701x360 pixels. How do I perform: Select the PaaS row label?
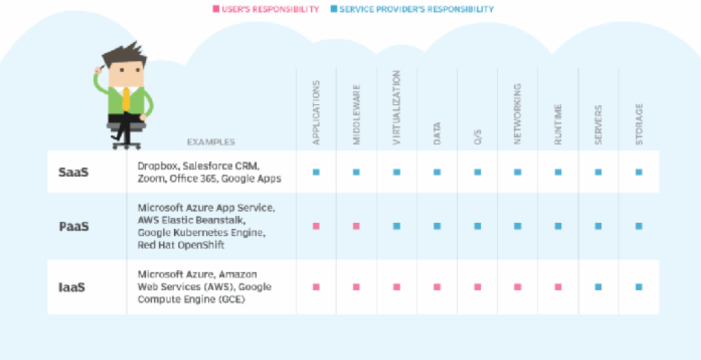click(74, 225)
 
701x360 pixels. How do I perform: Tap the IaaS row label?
click(72, 286)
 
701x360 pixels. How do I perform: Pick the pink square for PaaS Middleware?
click(356, 225)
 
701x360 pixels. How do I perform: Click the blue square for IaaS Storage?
click(638, 286)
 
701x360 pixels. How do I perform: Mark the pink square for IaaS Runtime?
click(558, 286)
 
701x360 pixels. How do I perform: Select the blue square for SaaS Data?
click(437, 172)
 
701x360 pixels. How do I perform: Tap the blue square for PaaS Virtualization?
click(397, 225)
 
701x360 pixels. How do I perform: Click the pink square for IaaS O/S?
click(477, 286)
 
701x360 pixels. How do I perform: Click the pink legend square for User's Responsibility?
click(215, 10)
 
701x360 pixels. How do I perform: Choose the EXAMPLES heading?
click(211, 141)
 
